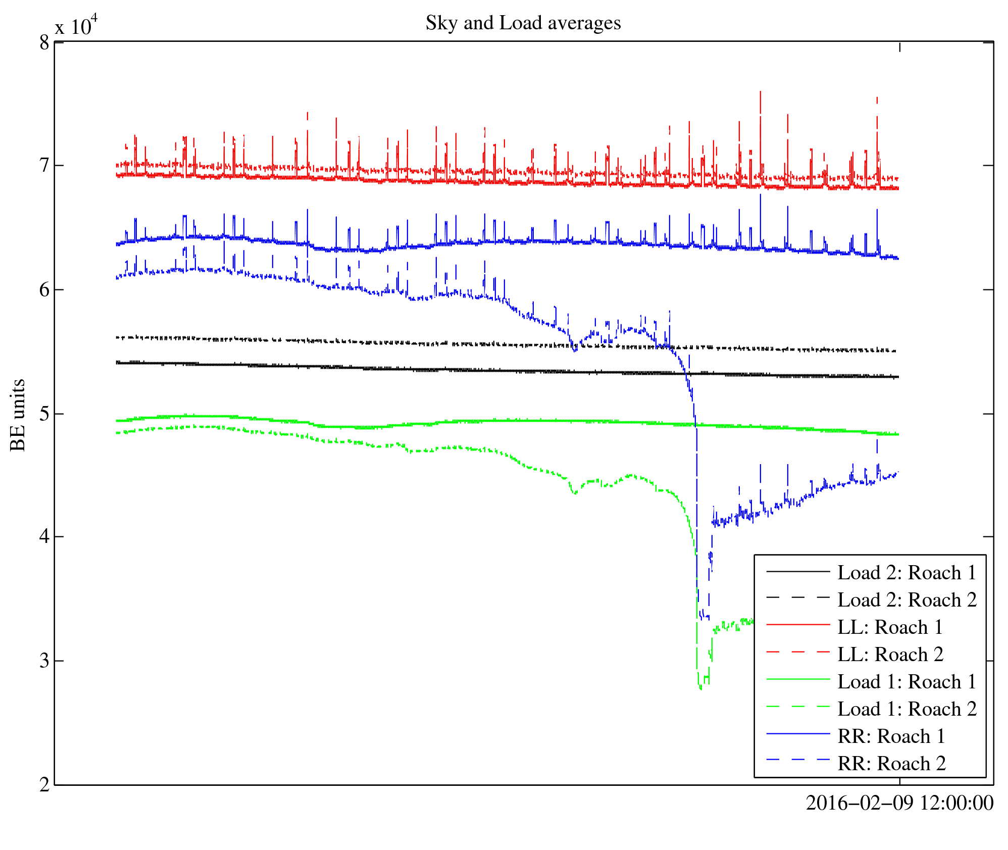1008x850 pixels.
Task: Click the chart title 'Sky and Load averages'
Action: (x=523, y=23)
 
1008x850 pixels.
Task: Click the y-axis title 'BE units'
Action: (x=18, y=415)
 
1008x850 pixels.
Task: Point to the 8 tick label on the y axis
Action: (x=44, y=43)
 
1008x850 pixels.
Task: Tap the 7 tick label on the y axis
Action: (x=44, y=166)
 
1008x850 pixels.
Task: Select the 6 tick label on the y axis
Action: (x=44, y=290)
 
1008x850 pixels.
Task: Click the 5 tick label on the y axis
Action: (x=44, y=414)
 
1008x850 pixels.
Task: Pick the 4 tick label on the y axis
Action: (x=44, y=537)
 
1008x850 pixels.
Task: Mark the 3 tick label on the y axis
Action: (x=44, y=661)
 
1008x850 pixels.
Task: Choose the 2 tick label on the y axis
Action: (x=44, y=785)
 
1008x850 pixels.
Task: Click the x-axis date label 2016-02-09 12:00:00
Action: (x=899, y=804)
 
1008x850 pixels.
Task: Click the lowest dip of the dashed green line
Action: (x=700, y=688)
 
